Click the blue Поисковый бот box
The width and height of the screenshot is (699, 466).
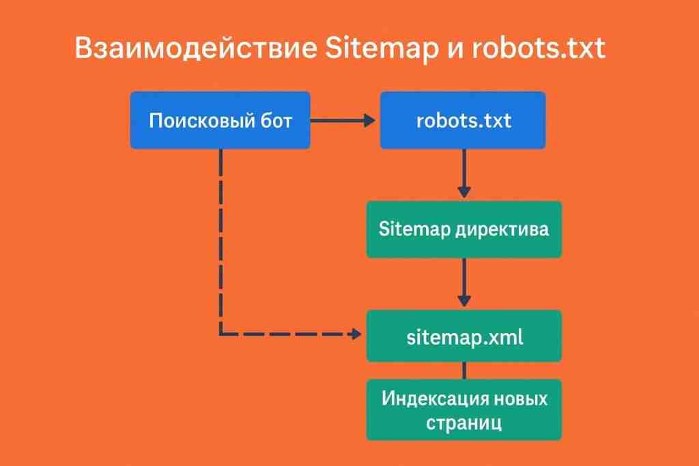pyautogui.click(x=220, y=121)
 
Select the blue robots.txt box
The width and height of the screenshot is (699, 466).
pyautogui.click(x=463, y=121)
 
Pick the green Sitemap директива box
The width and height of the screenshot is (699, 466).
pyautogui.click(x=463, y=229)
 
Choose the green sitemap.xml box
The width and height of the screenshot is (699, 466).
pyautogui.click(x=463, y=336)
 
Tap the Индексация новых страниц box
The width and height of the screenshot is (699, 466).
pyautogui.click(x=463, y=409)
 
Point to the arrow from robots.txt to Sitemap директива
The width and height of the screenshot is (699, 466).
pyautogui.click(x=464, y=173)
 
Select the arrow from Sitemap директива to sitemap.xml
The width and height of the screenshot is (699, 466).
pyautogui.click(x=464, y=282)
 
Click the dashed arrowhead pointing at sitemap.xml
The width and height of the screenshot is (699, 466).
pyautogui.click(x=354, y=334)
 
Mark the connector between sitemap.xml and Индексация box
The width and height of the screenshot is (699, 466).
pyautogui.click(x=464, y=370)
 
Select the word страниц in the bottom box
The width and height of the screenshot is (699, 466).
pyautogui.click(x=464, y=422)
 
